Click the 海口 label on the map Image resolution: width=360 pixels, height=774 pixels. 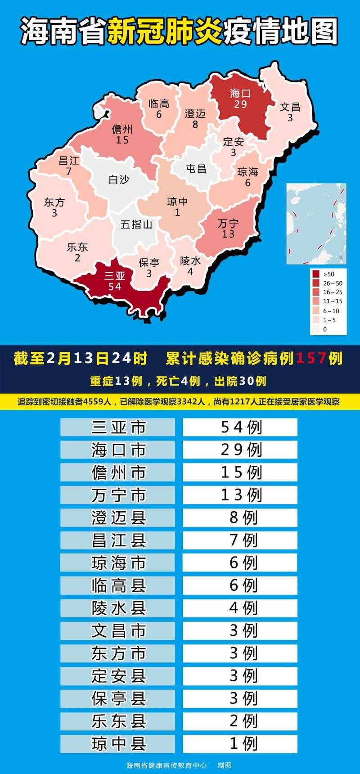(240, 94)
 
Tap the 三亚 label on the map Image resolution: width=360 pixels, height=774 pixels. (114, 275)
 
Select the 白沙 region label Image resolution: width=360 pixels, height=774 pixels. (119, 180)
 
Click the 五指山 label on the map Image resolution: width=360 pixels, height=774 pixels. (136, 224)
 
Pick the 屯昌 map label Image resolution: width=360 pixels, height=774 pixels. (196, 169)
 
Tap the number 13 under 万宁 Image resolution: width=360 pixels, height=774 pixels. (228, 234)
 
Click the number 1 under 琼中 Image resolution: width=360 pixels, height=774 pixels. (177, 212)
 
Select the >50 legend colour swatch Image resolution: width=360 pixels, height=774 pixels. (316, 274)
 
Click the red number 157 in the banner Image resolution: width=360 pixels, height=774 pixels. (310, 359)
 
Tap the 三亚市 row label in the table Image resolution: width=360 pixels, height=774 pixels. (118, 427)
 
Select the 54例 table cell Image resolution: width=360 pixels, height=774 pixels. (240, 427)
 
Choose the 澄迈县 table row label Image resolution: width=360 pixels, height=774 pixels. (118, 517)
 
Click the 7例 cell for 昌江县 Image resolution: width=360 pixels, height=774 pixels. (240, 540)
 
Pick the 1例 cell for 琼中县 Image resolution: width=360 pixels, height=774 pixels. (240, 743)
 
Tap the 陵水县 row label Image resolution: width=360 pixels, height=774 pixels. (118, 608)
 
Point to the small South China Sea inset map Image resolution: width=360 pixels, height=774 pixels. (317, 224)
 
